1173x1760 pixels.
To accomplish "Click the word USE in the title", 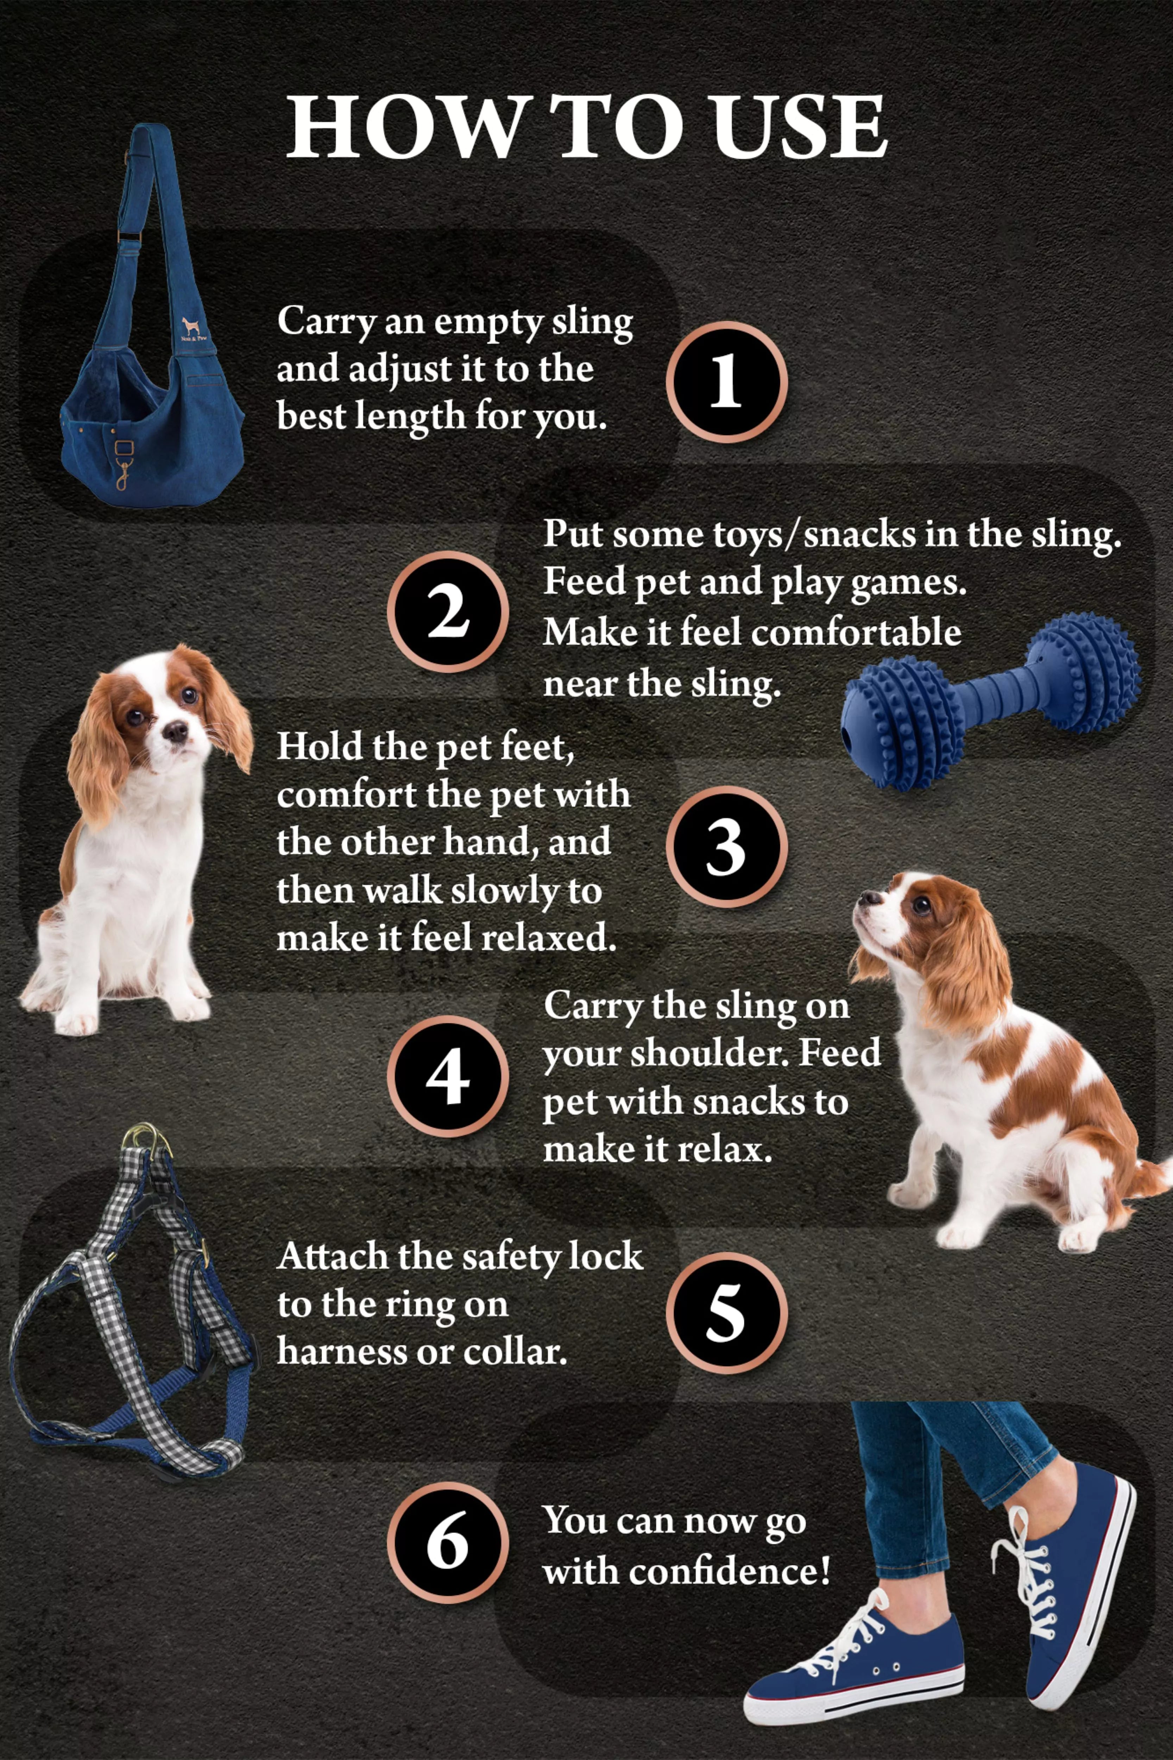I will (799, 127).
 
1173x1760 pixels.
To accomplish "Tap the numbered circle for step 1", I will (726, 382).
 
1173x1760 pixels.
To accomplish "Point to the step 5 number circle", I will (726, 1313).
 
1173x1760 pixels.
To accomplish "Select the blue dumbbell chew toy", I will (991, 700).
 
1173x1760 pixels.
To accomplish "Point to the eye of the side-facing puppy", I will (922, 906).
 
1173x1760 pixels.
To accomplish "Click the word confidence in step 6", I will (728, 1571).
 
